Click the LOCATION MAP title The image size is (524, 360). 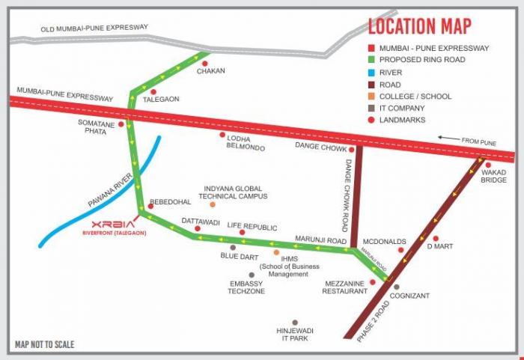[419, 26]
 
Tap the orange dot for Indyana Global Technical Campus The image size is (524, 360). [213, 204]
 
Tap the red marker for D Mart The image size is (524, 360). [435, 240]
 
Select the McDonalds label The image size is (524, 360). [384, 242]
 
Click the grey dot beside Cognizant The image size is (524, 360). [396, 287]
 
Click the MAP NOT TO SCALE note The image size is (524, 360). [45, 345]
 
